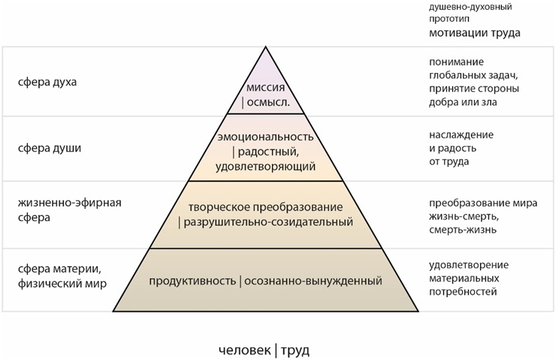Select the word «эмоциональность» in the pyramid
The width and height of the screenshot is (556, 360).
pos(264,138)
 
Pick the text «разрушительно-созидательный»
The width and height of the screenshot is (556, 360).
pos(268,222)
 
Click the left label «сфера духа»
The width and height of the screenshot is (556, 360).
pos(47,81)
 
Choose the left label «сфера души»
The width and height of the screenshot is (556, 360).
pos(50,147)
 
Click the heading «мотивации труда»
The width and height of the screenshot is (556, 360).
pos(475,33)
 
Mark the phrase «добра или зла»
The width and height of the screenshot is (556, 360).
pos(463,101)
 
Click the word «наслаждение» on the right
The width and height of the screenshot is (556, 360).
pos(461,135)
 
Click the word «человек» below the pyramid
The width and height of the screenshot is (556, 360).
pos(244,349)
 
